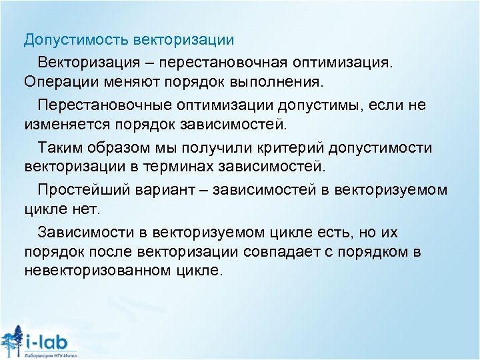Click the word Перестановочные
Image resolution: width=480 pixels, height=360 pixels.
coord(105,105)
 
